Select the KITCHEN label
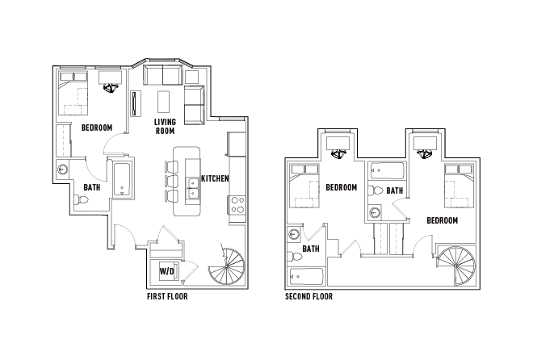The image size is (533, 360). point(215,178)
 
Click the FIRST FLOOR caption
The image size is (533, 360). point(166,296)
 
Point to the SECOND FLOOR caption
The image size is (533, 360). point(308,296)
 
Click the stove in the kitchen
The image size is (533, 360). point(237,206)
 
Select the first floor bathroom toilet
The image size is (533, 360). point(82,202)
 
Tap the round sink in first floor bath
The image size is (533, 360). point(62,170)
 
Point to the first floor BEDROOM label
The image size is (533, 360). point(97,128)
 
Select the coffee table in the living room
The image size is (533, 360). point(164,102)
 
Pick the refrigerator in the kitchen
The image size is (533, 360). point(237,145)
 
